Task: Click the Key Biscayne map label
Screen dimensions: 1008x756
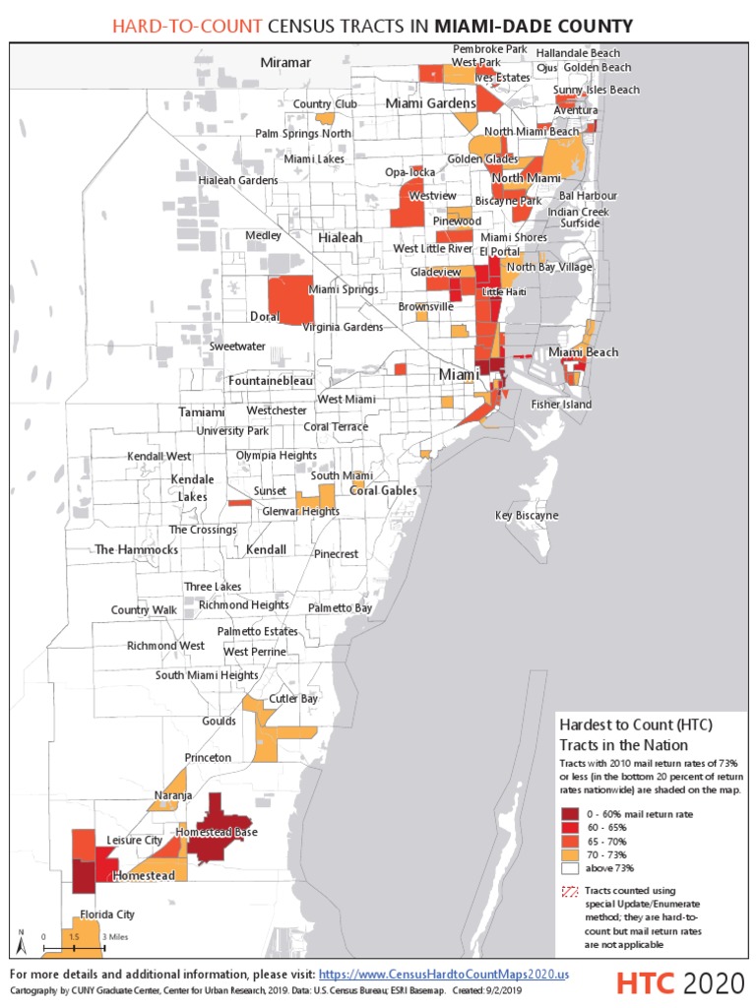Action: (526, 515)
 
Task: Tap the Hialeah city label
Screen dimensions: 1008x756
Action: (340, 237)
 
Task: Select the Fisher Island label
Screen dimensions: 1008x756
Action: (561, 404)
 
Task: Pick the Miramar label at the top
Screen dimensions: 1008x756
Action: (285, 62)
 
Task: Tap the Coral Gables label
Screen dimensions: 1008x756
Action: (383, 490)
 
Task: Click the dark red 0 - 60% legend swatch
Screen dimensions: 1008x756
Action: (570, 813)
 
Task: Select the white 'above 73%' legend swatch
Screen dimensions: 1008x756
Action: (570, 868)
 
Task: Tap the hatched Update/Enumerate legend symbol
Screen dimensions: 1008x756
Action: (570, 891)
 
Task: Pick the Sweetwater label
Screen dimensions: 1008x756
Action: (237, 346)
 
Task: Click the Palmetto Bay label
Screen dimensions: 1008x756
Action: (340, 608)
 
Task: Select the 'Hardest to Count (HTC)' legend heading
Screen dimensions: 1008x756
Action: (635, 724)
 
